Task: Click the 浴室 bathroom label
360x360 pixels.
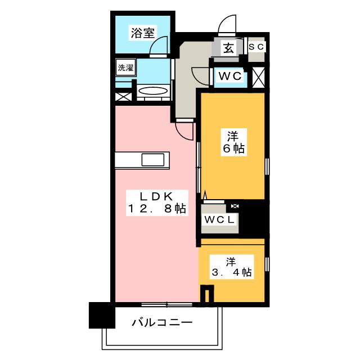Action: click(142, 33)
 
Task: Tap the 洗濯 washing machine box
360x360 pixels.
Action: click(125, 67)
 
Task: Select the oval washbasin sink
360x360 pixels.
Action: click(153, 91)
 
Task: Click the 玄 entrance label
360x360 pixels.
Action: click(229, 48)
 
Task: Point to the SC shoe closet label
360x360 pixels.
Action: click(256, 47)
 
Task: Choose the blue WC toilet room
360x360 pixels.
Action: click(230, 78)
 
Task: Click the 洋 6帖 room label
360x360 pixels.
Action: click(234, 142)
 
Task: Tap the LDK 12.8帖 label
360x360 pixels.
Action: click(157, 202)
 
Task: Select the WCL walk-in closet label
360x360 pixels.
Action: click(219, 220)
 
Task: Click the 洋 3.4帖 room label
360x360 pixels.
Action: click(231, 267)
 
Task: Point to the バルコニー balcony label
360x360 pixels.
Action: click(162, 322)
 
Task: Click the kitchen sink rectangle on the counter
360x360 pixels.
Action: click(153, 160)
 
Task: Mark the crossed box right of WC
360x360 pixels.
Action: click(259, 77)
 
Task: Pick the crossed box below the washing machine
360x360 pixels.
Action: click(124, 96)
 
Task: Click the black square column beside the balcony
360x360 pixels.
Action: click(102, 315)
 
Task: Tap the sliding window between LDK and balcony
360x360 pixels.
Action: click(166, 305)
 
